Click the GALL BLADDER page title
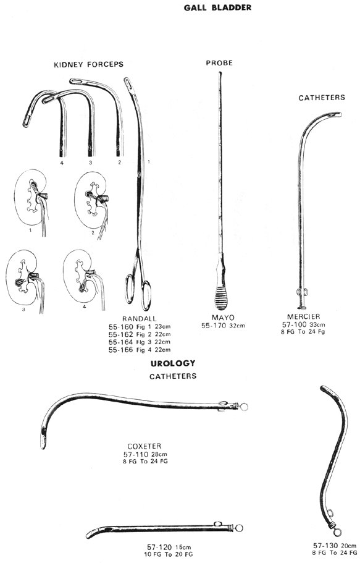pos(217,7)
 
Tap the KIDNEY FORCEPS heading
pos(89,65)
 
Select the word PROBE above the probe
pos(219,63)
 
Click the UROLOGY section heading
pos(173,363)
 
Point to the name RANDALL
pos(140,319)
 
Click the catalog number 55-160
pos(120,327)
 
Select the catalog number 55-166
pos(120,350)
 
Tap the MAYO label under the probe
pos(223,318)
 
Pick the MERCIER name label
pos(304,316)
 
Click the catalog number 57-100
pos(295,324)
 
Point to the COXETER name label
pos(144,446)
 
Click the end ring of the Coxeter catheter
pos(244,407)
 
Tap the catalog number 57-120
pos(160,547)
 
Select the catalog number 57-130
pos(325,546)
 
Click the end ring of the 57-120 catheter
pos(239,528)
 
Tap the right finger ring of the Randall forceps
pos(146,295)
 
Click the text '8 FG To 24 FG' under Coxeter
pos(145,462)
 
